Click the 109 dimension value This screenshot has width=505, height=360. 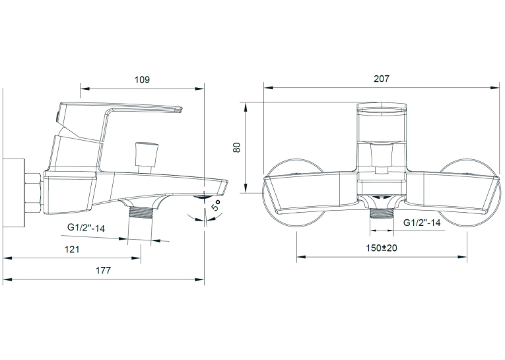point(142,79)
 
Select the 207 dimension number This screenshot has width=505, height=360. point(382,79)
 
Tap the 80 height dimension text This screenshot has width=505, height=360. point(238,147)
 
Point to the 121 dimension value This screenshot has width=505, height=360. point(72,249)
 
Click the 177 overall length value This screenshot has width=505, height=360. point(103,270)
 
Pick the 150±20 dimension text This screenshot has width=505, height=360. point(382,248)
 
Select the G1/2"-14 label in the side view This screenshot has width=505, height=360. point(86,227)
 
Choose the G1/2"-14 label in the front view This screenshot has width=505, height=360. point(422,223)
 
